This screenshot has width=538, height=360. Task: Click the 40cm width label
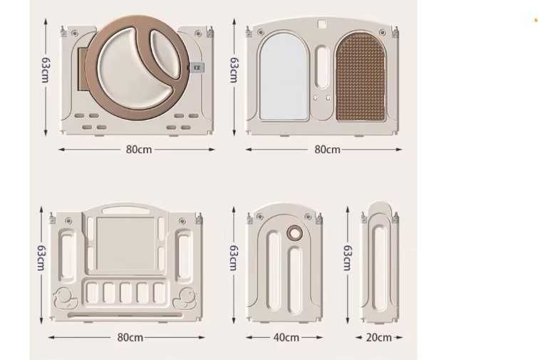tap(286, 337)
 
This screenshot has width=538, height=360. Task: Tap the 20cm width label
tap(379, 337)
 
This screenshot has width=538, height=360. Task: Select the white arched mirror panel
tap(284, 76)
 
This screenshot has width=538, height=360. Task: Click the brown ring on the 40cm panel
tap(295, 233)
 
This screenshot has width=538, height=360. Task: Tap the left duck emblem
tap(65, 299)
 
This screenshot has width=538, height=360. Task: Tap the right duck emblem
tap(185, 299)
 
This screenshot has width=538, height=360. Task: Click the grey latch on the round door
tap(197, 67)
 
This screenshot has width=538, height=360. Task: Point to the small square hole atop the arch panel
tap(321, 24)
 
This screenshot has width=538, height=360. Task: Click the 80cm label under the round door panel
tap(139, 150)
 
